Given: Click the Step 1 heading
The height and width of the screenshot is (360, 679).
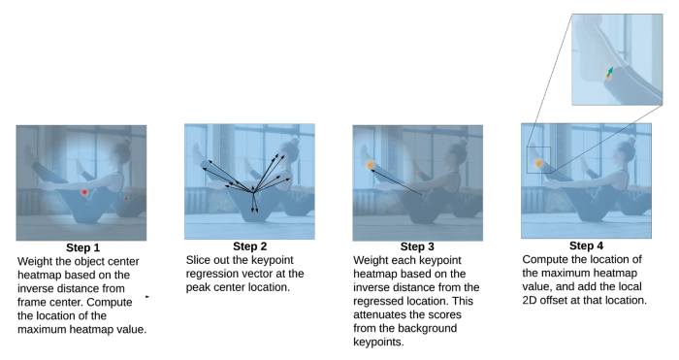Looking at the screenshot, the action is click(82, 247).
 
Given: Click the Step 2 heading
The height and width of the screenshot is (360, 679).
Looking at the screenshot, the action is click(250, 246).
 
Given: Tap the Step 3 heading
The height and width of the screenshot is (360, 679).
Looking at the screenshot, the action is click(417, 246).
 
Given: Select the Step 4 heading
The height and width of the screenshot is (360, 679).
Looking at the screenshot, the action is click(586, 245).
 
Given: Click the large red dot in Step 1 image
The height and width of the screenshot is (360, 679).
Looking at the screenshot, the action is click(84, 192).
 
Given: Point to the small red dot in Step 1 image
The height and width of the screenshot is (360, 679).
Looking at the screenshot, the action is click(126, 198).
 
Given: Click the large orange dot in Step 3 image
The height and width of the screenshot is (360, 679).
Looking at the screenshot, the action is click(371, 165).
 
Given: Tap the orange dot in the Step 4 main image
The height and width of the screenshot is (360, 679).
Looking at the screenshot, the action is click(538, 163).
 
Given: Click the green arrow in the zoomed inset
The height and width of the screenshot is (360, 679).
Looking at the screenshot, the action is click(610, 71).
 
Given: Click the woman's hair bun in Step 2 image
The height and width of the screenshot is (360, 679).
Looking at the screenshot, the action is click(295, 141).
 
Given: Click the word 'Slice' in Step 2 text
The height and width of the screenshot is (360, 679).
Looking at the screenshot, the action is click(197, 260).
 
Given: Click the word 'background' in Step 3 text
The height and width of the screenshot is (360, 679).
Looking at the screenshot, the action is click(430, 328).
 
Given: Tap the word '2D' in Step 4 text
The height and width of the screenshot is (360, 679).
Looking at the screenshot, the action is click(530, 300).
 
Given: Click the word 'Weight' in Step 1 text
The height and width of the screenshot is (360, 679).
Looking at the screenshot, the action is click(33, 262).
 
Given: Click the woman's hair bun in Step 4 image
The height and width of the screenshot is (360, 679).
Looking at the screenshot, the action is click(630, 141).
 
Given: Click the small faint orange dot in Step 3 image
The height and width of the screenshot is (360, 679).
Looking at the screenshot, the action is click(418, 174).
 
